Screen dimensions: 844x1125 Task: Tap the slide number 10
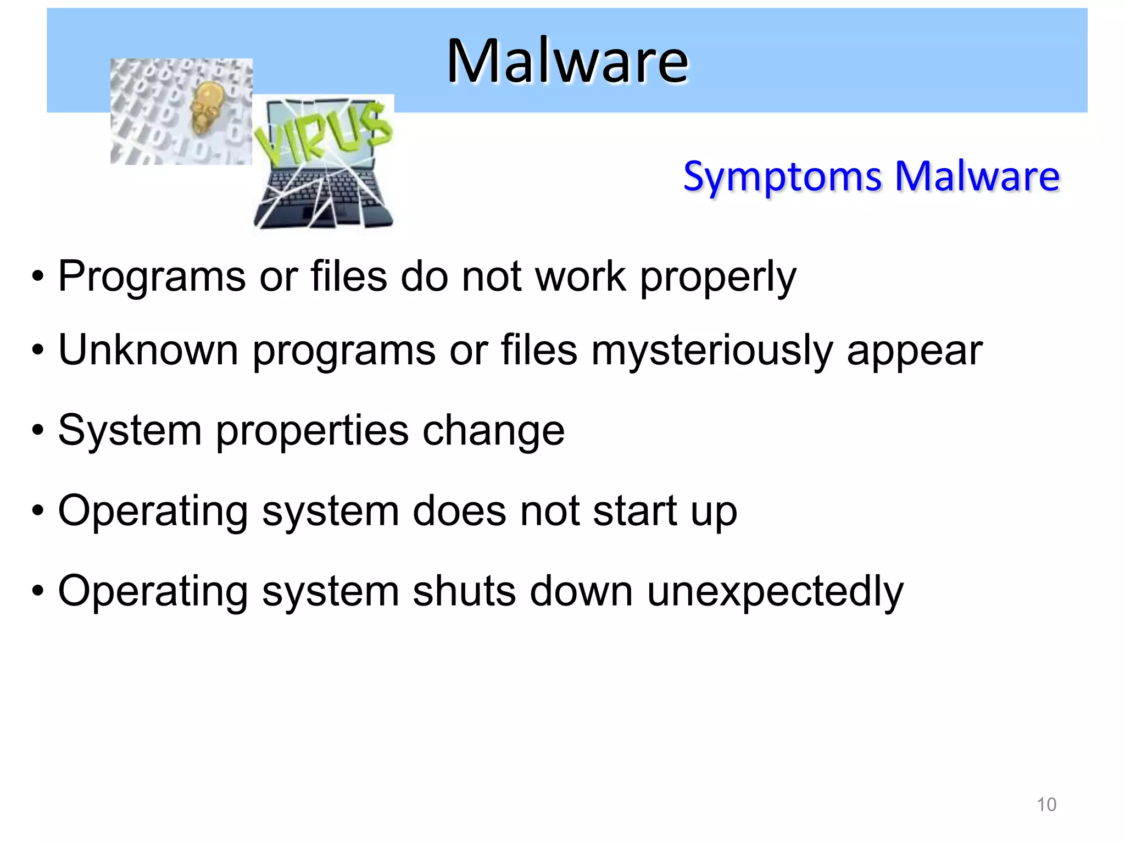coord(1046,804)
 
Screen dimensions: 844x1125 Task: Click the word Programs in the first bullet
coord(152,276)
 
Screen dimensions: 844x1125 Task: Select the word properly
coord(718,276)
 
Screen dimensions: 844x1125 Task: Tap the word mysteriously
coord(712,351)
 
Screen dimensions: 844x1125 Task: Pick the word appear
coord(914,351)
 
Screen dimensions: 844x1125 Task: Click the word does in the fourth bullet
coord(459,510)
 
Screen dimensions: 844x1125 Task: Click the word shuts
coord(464,591)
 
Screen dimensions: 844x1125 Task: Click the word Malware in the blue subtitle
coord(977,176)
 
